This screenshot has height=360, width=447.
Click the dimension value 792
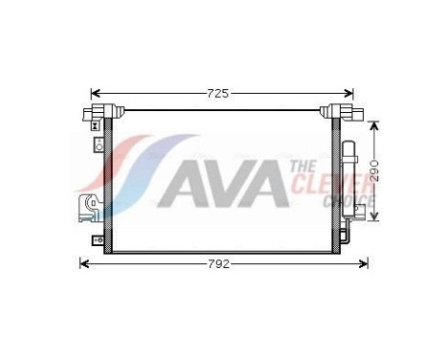point(221,263)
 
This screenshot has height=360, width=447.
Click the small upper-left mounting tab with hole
point(98,146)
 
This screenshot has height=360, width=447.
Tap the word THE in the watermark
point(301,168)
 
